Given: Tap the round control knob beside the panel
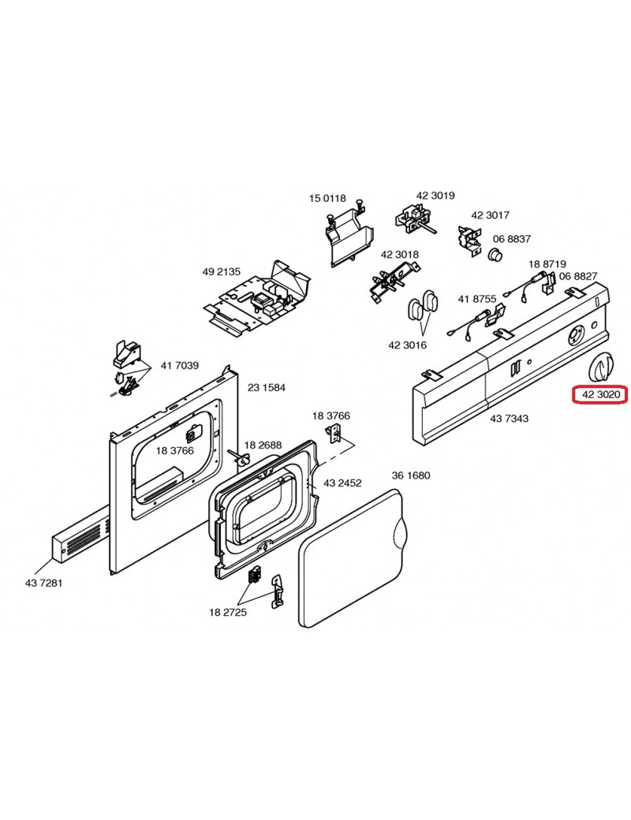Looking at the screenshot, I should click(x=601, y=367).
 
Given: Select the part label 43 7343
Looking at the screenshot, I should click(x=509, y=419).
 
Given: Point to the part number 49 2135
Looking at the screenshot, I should click(x=221, y=272).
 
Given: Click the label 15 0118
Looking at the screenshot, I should click(x=327, y=199).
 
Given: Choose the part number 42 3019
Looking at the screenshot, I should click(x=435, y=196).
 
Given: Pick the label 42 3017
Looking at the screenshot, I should click(x=490, y=215).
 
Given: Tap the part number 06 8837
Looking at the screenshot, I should click(x=512, y=239).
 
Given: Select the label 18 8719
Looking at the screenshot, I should click(x=547, y=264).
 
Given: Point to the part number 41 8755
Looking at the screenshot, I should click(x=477, y=299).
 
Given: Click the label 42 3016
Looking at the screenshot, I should click(x=408, y=345).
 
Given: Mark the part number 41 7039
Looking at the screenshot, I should click(x=180, y=366).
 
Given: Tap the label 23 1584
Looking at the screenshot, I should click(x=267, y=388).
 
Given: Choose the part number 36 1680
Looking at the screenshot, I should click(x=411, y=475).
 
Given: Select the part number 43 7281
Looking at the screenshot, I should click(x=44, y=583).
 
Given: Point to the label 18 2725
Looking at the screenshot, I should click(x=228, y=612).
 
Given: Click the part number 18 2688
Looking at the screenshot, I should click(x=263, y=445).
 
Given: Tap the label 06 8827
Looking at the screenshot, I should click(x=578, y=276).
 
